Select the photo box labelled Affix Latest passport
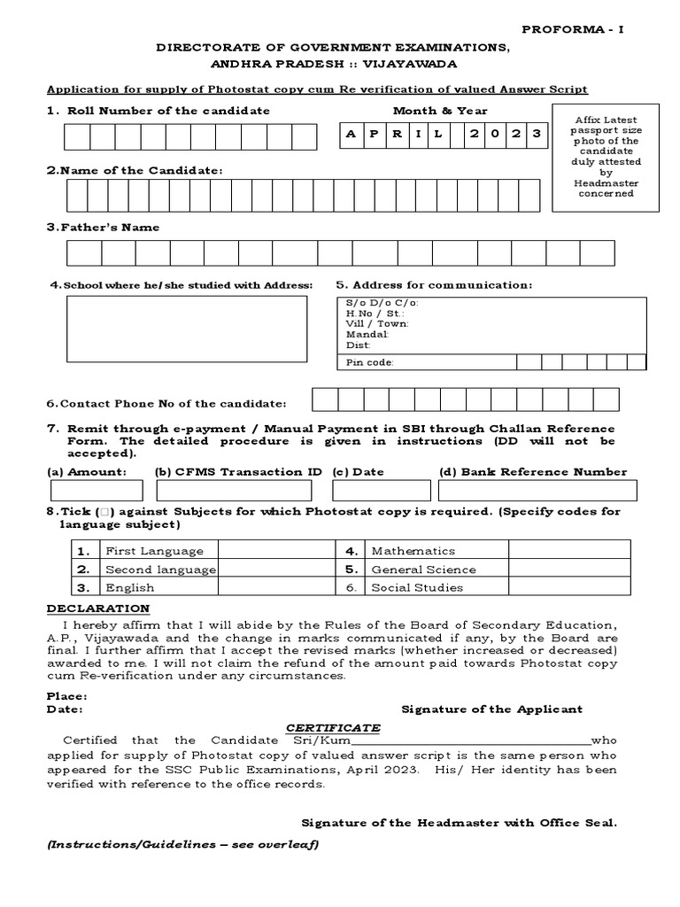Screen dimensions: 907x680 coord(605,157)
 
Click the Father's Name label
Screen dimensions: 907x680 coord(104,228)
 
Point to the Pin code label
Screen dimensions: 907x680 coord(369,362)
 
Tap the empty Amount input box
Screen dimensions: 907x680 coord(97,491)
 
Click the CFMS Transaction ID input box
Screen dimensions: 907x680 coord(238,491)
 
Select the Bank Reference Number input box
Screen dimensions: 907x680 coord(537,491)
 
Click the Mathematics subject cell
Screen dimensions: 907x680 coord(413,551)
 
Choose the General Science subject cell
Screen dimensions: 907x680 coord(423,570)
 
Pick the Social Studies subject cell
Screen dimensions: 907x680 coord(416,587)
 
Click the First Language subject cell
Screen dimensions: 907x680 coord(155,551)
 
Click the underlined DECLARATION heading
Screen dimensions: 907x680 coord(98,609)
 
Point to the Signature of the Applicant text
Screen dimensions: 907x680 coord(491,709)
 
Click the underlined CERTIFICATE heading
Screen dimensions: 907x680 coord(333,727)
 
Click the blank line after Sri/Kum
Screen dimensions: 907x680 coord(471,740)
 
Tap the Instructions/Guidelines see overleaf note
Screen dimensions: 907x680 coord(182,844)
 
